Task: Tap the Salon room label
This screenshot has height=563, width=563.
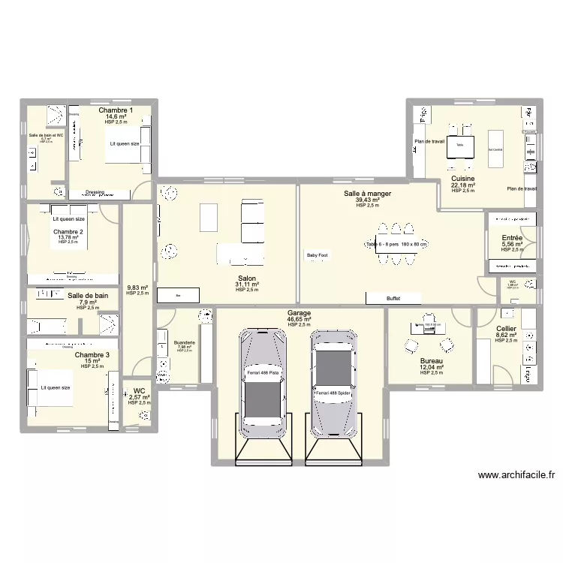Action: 246,277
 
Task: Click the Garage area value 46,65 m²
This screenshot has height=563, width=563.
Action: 299,319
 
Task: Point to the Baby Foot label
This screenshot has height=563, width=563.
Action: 317,255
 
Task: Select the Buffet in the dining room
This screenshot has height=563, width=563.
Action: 393,298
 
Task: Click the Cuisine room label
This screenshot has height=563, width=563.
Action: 462,179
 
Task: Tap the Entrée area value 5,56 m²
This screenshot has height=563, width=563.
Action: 512,245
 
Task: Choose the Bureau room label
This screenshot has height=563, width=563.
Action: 432,361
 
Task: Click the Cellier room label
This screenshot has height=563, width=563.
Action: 506,329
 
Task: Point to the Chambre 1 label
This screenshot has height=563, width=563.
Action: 116,110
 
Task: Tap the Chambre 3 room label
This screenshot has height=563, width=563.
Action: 92,354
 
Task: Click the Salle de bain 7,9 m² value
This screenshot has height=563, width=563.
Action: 88,303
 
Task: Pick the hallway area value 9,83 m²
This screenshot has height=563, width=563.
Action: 137,288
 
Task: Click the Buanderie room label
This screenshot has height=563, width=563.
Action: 184,342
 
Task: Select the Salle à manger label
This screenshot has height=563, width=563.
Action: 368,194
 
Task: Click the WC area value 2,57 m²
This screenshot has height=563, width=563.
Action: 139,397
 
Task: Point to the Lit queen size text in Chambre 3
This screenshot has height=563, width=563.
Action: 56,387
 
